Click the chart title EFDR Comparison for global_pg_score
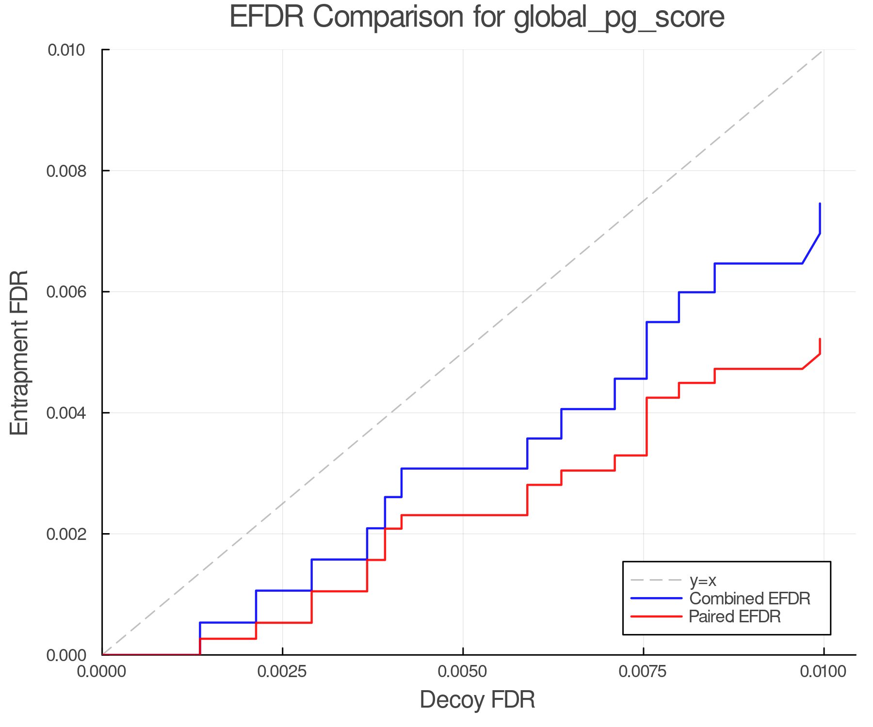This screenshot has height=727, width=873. [x=477, y=17]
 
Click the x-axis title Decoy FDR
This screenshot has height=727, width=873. [x=477, y=700]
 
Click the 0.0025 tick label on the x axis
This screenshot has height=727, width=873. [x=282, y=672]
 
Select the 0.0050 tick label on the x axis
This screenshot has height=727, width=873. [x=463, y=672]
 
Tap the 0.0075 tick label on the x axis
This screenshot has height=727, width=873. [x=643, y=672]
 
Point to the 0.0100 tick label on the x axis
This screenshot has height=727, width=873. [x=823, y=672]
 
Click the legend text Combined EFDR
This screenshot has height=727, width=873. [x=749, y=599]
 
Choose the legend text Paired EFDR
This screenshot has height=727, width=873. [x=735, y=616]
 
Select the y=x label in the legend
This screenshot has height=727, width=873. [x=703, y=580]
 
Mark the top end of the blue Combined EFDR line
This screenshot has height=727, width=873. [x=820, y=204]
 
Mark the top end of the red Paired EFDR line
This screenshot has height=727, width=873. [x=820, y=339]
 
